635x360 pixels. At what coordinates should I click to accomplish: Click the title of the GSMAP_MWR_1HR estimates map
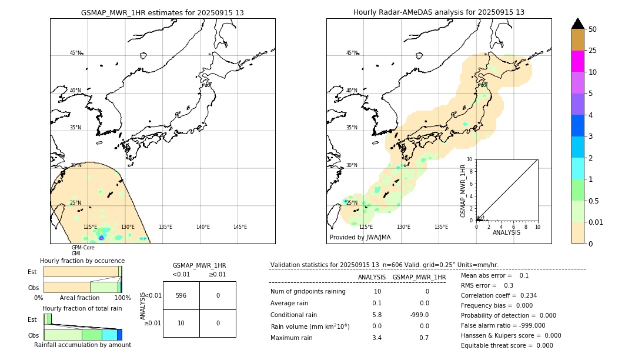[162, 12]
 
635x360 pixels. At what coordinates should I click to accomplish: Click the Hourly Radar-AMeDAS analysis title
[439, 12]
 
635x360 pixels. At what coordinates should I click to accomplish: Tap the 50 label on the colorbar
[593, 29]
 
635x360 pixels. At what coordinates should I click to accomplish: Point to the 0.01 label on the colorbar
[596, 222]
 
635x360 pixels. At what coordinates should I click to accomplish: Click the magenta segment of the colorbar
[577, 62]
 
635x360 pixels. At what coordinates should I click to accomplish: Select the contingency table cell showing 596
[181, 296]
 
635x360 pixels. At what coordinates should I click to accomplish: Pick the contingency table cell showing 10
[181, 323]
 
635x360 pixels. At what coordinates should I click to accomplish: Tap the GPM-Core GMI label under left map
[83, 251]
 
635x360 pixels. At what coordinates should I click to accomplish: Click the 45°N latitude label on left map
[76, 53]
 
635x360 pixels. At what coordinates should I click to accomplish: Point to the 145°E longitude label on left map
[240, 227]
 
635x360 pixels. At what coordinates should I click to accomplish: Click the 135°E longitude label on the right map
[441, 227]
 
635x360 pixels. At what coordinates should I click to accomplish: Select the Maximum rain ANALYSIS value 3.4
[377, 338]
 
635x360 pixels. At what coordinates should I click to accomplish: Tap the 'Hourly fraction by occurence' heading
[82, 261]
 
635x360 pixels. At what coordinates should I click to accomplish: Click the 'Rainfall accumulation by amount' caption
[82, 345]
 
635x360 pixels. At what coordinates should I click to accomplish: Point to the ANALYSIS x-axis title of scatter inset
[507, 232]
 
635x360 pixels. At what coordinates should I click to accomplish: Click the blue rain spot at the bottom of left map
[101, 238]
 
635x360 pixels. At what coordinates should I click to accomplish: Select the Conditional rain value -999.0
[419, 315]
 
